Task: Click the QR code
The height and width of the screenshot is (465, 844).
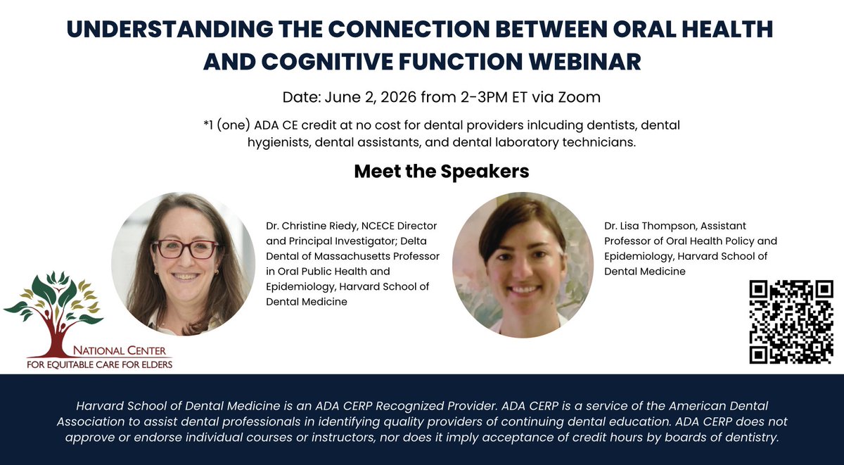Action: click(791, 321)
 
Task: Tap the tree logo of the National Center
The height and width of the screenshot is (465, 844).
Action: click(53, 314)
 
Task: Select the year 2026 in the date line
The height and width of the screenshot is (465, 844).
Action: click(398, 97)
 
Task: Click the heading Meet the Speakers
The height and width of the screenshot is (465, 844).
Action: click(442, 171)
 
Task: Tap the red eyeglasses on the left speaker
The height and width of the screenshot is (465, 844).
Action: click(185, 249)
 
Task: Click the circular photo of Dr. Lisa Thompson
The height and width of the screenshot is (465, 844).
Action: click(523, 265)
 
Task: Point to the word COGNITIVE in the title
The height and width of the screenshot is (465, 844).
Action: click(328, 61)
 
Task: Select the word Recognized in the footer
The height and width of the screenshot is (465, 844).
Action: click(409, 406)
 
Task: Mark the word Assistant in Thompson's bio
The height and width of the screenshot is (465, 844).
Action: click(723, 226)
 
